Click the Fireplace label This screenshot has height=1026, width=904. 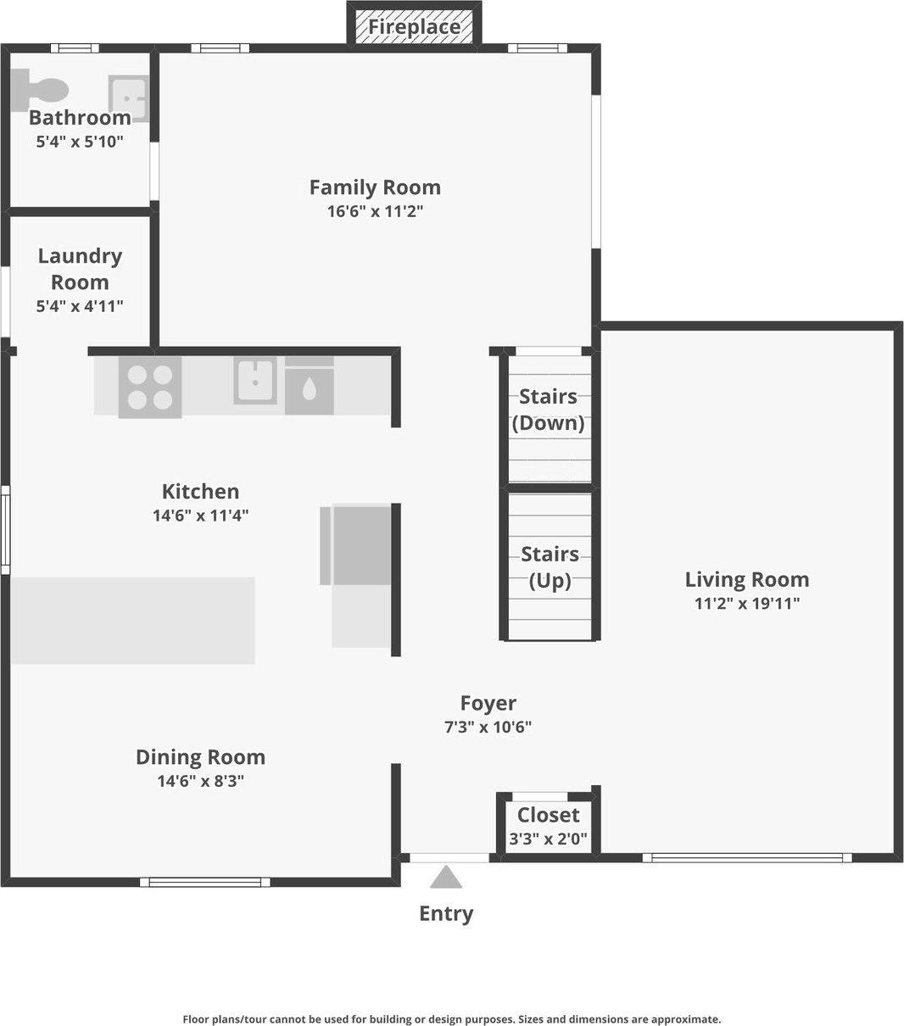(415, 27)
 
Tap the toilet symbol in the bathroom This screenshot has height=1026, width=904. (39, 90)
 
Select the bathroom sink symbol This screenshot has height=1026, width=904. (129, 98)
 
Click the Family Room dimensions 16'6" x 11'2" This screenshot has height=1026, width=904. (375, 211)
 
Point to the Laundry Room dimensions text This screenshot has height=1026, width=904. (80, 306)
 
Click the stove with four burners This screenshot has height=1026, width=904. (150, 388)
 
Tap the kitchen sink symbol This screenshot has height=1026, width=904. (255, 381)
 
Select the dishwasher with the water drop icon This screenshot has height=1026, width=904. (309, 387)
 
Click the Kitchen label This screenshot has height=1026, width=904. (200, 491)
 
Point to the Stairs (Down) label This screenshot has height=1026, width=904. (549, 410)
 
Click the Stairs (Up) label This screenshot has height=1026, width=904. (550, 567)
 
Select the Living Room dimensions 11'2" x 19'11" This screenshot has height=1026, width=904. (747, 604)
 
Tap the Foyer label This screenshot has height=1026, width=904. (488, 704)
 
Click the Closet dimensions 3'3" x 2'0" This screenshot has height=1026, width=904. (548, 839)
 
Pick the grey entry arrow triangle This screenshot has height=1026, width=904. (446, 877)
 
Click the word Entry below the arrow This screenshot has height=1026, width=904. (446, 914)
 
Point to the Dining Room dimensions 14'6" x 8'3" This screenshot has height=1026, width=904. (200, 781)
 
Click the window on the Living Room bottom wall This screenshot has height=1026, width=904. (747, 858)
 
